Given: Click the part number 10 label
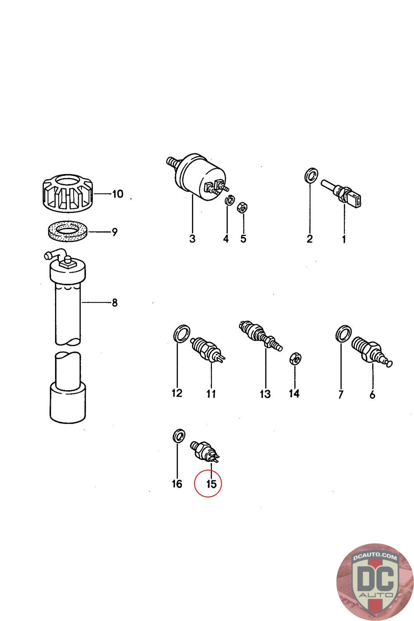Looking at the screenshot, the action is (118, 194).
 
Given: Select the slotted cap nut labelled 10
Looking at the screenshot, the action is (68, 193).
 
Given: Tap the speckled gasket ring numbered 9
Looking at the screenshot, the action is (68, 231).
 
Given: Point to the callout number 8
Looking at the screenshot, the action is (115, 302).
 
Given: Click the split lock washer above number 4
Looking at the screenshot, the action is (230, 200).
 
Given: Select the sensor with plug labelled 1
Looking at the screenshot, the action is (341, 193).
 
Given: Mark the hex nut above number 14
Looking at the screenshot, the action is (295, 359).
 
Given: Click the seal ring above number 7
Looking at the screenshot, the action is (344, 334).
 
